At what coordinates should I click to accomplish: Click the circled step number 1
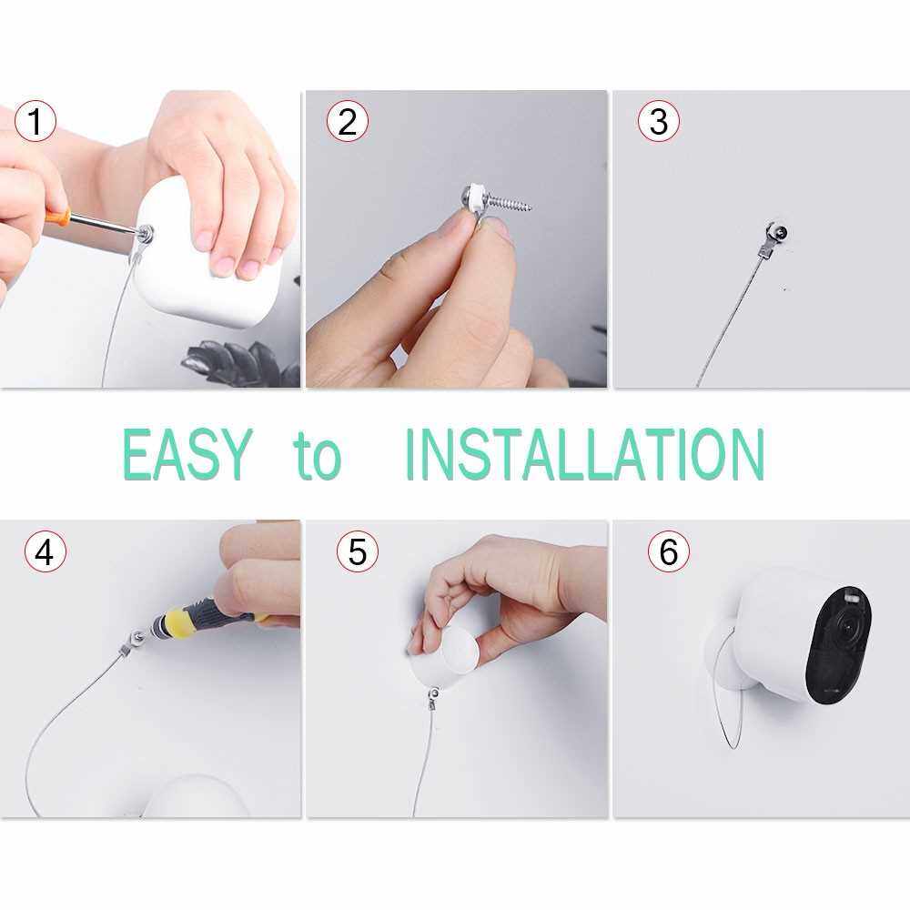[35, 121]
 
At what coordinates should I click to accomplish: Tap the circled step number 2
[348, 121]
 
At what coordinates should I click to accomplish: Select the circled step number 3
[659, 121]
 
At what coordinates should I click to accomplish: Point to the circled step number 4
[45, 551]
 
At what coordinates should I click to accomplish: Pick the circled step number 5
[358, 551]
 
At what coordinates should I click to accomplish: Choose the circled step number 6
[669, 551]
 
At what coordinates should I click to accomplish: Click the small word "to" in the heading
[318, 456]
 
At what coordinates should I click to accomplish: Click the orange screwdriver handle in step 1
[57, 217]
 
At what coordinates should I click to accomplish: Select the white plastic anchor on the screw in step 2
[476, 197]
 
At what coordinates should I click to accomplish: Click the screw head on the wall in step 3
[780, 234]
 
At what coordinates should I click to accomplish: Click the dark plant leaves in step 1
[244, 363]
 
